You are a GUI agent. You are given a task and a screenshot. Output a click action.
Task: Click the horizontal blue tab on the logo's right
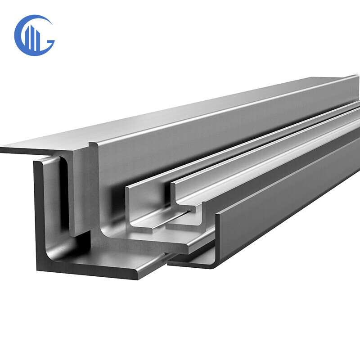point(49,42)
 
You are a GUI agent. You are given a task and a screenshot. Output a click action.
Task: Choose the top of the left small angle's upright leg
point(130,187)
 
